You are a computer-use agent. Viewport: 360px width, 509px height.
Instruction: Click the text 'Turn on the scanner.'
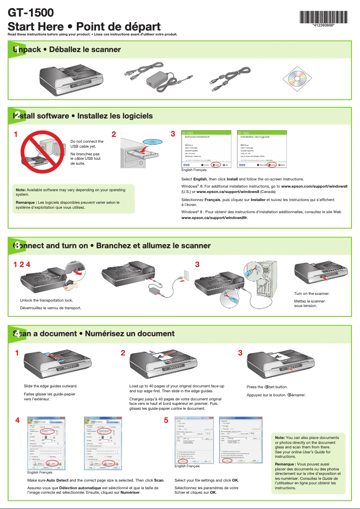(312, 294)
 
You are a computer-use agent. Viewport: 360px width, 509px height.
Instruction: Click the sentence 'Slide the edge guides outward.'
(50, 386)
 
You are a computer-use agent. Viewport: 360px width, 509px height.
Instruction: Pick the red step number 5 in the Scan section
(166, 421)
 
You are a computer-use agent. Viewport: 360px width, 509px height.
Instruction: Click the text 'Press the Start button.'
(267, 387)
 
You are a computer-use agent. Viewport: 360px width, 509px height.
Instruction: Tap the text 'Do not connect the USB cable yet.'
(87, 144)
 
